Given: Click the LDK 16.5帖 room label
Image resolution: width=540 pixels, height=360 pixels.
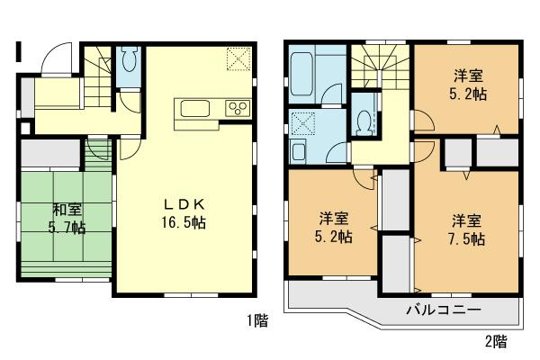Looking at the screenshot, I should tap(185, 211).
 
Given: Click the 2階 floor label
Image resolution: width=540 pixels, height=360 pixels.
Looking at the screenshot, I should tap(494, 341).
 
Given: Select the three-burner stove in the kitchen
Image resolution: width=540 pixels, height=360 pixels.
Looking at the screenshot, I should tap(238, 109).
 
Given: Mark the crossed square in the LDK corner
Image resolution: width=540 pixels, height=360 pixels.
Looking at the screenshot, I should tap(238, 59).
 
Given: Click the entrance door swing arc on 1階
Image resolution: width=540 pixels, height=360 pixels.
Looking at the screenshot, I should tap(56, 61).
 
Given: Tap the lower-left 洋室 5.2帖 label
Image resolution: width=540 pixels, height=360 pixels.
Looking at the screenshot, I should tap(335, 227).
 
